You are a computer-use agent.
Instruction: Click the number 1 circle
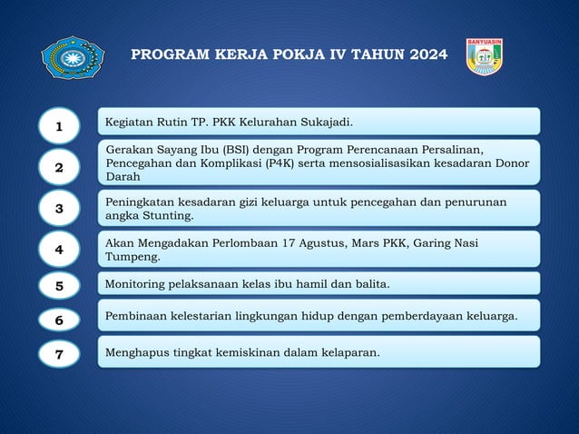click(59, 126)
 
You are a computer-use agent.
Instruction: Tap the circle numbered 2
click(59, 167)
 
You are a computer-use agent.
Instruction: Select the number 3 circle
click(59, 208)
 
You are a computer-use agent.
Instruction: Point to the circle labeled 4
click(59, 249)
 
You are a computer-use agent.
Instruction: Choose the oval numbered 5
click(59, 285)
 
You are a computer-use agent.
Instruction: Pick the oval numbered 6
click(59, 320)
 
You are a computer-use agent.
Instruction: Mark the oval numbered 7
click(59, 354)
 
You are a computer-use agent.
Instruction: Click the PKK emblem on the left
click(73, 58)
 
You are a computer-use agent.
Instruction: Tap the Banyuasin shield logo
click(484, 57)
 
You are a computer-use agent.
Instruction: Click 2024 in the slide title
click(426, 55)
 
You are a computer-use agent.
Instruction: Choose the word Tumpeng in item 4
click(132, 257)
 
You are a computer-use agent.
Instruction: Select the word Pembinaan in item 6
click(138, 316)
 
